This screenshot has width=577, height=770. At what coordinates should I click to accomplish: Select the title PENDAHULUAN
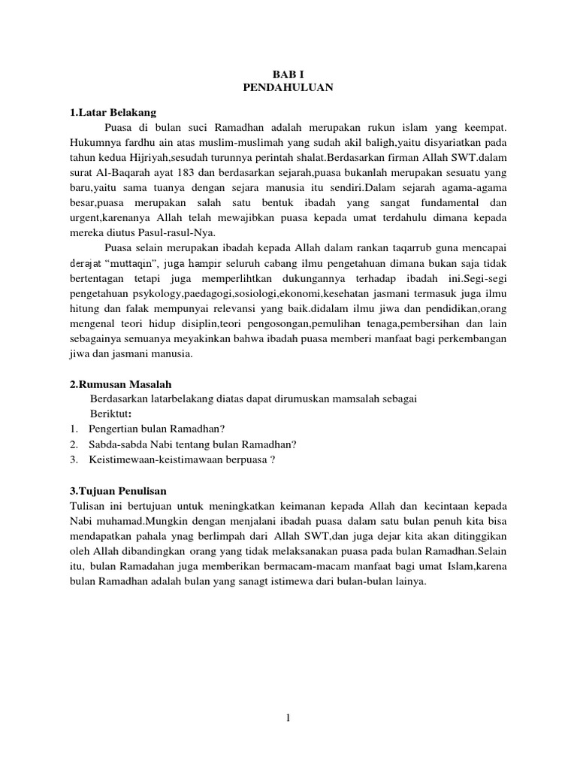coord(288,88)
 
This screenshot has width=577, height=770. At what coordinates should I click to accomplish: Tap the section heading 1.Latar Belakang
coord(112,112)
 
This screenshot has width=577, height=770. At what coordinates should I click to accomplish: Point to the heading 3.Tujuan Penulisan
coord(116,491)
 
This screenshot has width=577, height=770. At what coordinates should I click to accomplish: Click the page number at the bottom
coord(288,718)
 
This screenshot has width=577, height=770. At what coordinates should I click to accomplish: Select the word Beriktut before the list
coord(111,414)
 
